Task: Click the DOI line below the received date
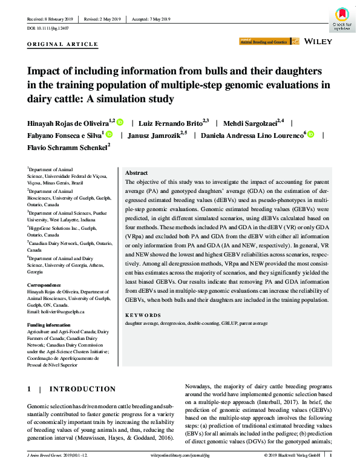click(48, 28)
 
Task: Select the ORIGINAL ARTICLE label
click(63, 44)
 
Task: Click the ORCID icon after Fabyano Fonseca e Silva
click(109, 134)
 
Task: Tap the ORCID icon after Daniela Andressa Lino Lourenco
click(310, 134)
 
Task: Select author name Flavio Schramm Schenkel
click(67, 146)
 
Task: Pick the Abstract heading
click(137, 172)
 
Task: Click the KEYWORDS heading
click(143, 315)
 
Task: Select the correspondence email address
click(56, 312)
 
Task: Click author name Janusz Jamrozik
click(160, 134)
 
